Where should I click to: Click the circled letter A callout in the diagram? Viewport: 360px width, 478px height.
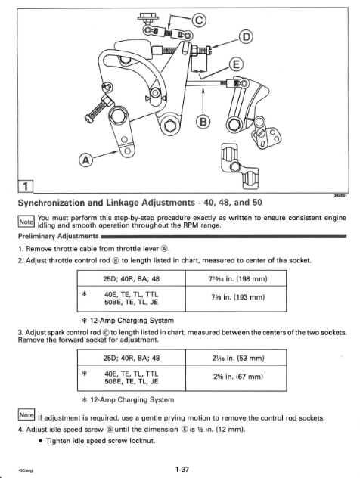[x=85, y=160]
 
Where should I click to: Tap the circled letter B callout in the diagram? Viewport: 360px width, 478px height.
[x=203, y=122]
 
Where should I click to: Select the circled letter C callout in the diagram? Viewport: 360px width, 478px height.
[x=198, y=20]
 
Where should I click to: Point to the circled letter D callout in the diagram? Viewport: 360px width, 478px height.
[x=246, y=37]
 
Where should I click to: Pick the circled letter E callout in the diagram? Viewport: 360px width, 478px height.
[x=236, y=64]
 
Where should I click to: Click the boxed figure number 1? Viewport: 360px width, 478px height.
[x=26, y=186]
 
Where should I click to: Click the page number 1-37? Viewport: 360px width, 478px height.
[x=182, y=470]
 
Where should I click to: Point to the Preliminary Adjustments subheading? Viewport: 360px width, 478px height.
[x=58, y=236]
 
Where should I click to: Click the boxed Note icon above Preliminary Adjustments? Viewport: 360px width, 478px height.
[x=26, y=222]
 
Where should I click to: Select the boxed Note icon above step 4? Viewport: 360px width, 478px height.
[x=26, y=415]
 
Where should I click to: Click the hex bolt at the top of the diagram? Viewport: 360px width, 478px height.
[x=146, y=17]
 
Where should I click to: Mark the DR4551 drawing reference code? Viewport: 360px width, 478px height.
[x=340, y=197]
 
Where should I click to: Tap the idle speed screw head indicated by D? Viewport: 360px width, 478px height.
[x=207, y=50]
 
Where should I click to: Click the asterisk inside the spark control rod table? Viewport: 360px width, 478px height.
[x=85, y=374]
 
